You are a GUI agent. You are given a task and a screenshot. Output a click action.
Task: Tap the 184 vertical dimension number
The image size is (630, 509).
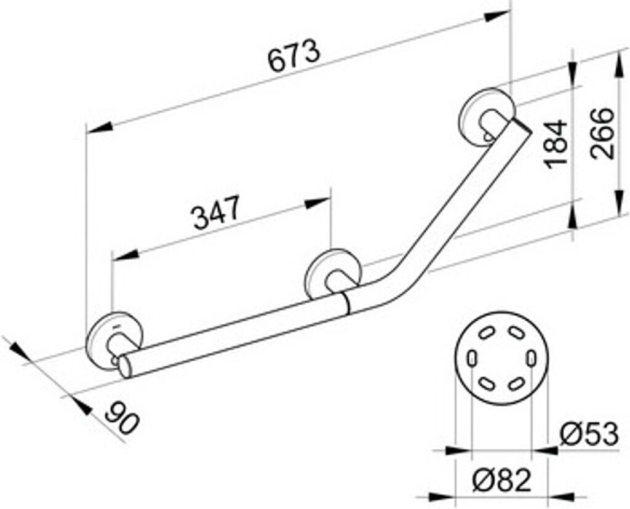pyautogui.click(x=556, y=143)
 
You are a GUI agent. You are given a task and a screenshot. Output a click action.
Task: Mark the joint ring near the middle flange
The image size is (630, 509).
pyautogui.click(x=346, y=303)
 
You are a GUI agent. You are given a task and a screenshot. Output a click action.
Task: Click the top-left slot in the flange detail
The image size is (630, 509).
pyautogui.click(x=485, y=333)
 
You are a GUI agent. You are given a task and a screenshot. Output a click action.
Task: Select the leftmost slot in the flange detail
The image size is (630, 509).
pyautogui.click(x=471, y=358)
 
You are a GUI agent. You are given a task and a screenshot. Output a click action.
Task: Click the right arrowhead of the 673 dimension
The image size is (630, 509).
pyautogui.click(x=500, y=15)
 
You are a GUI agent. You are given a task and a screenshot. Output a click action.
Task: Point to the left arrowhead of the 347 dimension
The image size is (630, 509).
pyautogui.click(x=123, y=255)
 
